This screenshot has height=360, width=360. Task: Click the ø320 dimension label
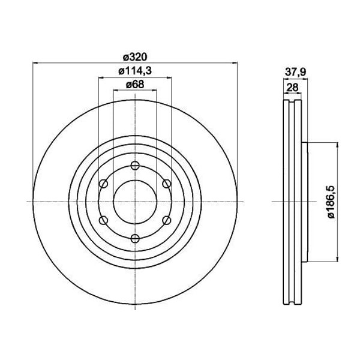point(135,57)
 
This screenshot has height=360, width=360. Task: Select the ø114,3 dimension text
point(135,71)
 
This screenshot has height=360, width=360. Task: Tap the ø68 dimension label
point(135,85)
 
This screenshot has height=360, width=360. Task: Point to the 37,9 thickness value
point(295,73)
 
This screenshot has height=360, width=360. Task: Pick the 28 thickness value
point(293,87)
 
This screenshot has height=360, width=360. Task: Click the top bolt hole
point(135,166)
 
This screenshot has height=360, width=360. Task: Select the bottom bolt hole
point(135,239)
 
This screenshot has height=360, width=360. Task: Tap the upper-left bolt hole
point(103,184)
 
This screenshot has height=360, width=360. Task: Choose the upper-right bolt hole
point(167,184)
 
